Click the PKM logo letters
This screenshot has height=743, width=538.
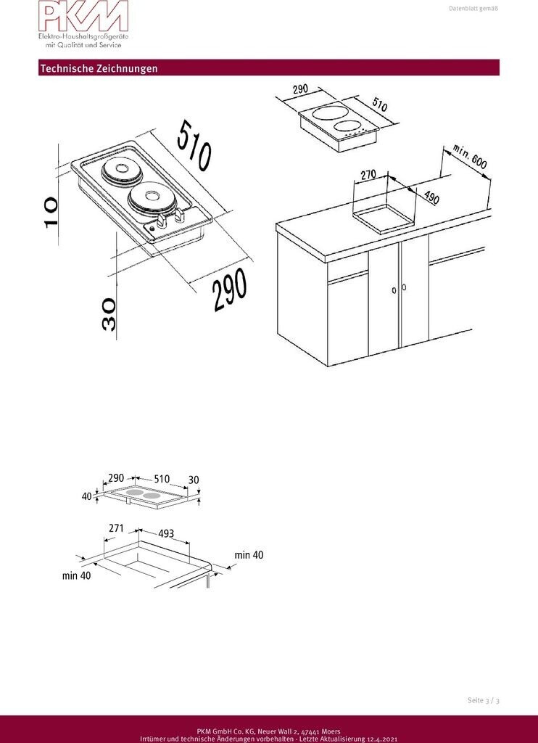[x=83, y=17]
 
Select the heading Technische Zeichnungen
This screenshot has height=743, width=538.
[x=99, y=68]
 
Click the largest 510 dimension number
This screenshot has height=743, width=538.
[x=194, y=145]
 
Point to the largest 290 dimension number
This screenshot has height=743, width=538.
[x=230, y=290]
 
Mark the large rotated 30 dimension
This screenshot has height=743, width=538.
[x=109, y=314]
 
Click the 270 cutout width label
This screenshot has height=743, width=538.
[x=368, y=175]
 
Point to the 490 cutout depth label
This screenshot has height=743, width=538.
[x=431, y=198]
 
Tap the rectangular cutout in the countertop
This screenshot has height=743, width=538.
[x=383, y=217]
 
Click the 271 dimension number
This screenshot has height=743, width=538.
[x=116, y=528]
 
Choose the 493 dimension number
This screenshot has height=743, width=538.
[x=166, y=534]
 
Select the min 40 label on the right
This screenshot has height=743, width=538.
[x=249, y=555]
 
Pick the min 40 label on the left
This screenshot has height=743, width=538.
[x=76, y=576]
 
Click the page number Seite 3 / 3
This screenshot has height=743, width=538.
[x=484, y=700]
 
